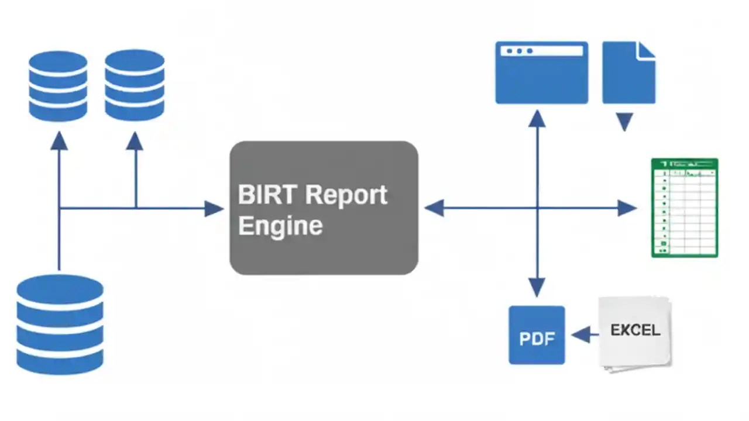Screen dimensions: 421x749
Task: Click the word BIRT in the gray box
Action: click(x=262, y=195)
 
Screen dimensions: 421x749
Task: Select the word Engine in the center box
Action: click(x=280, y=226)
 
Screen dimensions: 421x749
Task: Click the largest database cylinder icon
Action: click(x=60, y=325)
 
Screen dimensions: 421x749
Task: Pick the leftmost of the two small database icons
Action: click(x=58, y=86)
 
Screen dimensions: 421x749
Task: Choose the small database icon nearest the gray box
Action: click(x=135, y=85)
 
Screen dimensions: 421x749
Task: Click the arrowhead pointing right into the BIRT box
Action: click(x=214, y=208)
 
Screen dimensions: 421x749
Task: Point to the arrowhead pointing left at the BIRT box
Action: click(x=434, y=208)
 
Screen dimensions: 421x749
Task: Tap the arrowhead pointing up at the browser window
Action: click(x=537, y=119)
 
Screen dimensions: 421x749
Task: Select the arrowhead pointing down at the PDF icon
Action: click(x=537, y=287)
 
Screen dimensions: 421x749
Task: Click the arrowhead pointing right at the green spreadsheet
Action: click(x=627, y=208)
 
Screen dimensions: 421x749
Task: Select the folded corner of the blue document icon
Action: click(x=646, y=50)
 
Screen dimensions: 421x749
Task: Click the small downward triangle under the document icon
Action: click(x=624, y=122)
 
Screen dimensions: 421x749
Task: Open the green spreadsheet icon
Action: click(x=685, y=208)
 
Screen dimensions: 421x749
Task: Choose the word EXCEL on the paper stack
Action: click(x=635, y=330)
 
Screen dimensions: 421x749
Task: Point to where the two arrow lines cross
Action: click(x=537, y=208)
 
